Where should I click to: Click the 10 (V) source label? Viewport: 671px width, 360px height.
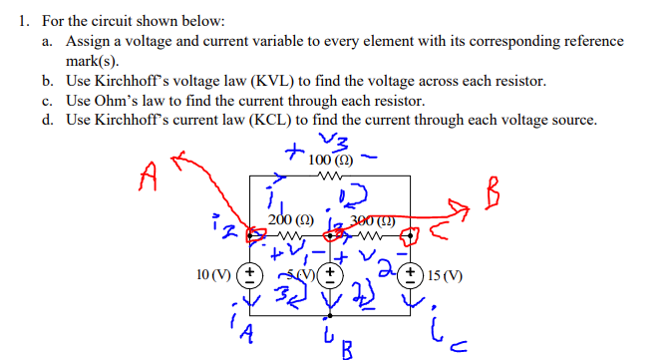coord(215,272)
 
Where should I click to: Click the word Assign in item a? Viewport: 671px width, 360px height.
coord(87,41)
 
